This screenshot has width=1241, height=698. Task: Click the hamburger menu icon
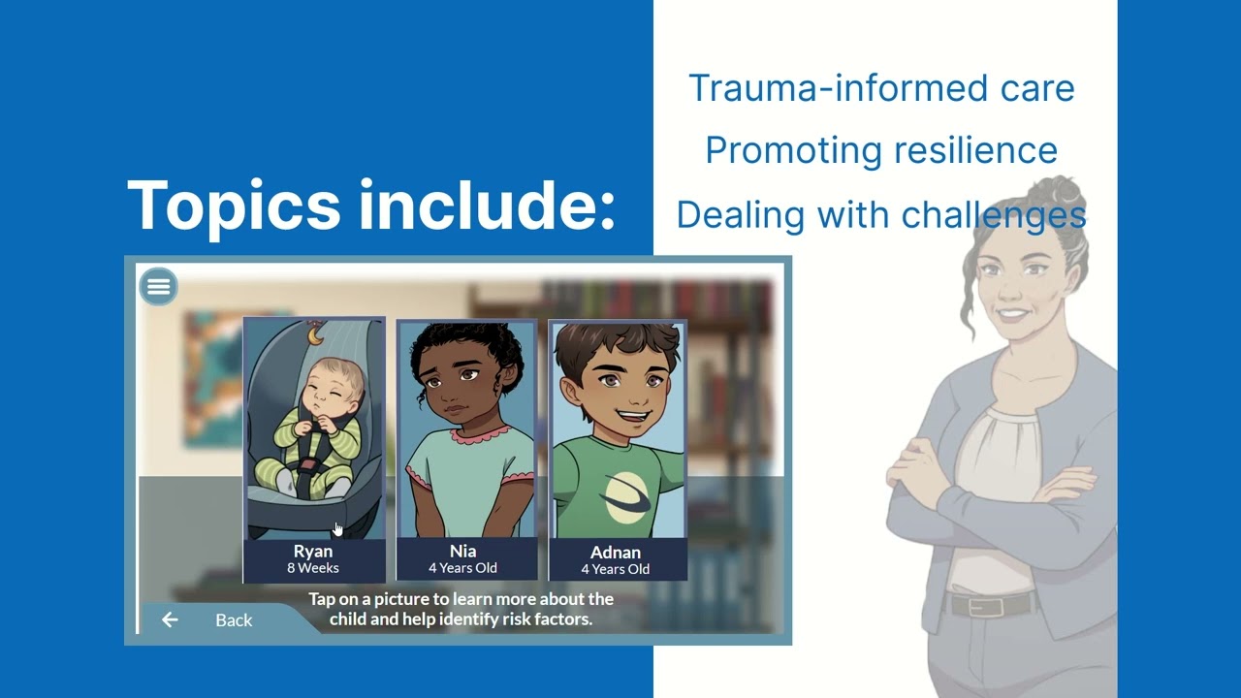click(x=158, y=286)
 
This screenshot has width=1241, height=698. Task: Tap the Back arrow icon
click(x=170, y=619)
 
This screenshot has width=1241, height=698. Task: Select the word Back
click(x=234, y=620)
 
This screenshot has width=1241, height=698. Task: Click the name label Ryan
click(x=313, y=551)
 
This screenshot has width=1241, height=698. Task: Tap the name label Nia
click(x=462, y=551)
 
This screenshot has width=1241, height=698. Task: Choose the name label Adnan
click(x=616, y=553)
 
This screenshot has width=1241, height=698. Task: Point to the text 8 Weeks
click(x=313, y=568)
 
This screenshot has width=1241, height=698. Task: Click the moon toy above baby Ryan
click(x=314, y=334)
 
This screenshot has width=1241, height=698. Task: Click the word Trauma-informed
click(x=801, y=88)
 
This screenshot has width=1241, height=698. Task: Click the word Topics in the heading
click(x=233, y=205)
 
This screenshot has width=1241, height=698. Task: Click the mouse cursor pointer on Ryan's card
click(x=337, y=528)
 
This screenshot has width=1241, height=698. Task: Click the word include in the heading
click(x=485, y=205)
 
